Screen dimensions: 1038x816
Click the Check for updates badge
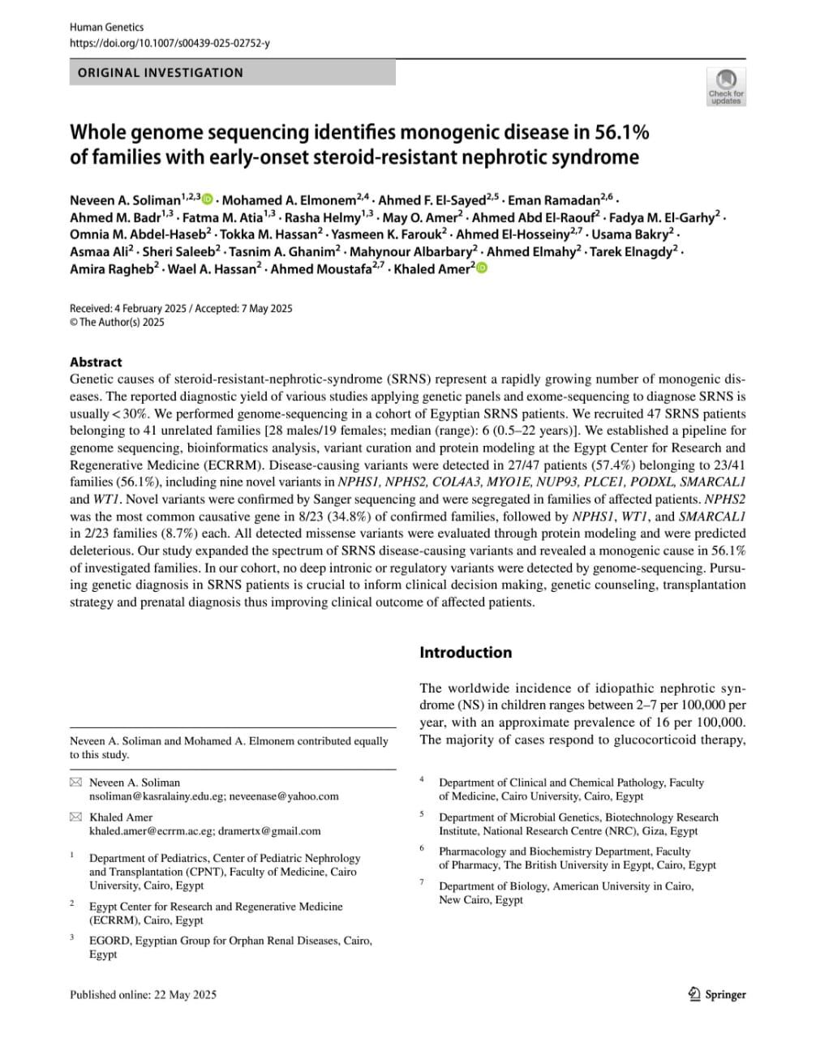725,87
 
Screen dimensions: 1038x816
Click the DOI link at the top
170,42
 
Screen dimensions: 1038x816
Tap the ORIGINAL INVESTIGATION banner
161,73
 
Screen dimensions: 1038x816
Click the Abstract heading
96,362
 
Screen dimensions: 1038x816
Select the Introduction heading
466,652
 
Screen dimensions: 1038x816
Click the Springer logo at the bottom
716,994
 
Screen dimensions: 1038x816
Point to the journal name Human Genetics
106,27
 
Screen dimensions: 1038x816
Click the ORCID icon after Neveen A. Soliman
208,199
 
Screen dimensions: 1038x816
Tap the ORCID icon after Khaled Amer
482,268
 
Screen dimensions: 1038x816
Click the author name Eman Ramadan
554,200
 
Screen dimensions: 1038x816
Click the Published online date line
143,994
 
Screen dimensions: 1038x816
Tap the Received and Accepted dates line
181,308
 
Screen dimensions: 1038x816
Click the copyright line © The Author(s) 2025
117,322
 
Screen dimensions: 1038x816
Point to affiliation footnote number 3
72,937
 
